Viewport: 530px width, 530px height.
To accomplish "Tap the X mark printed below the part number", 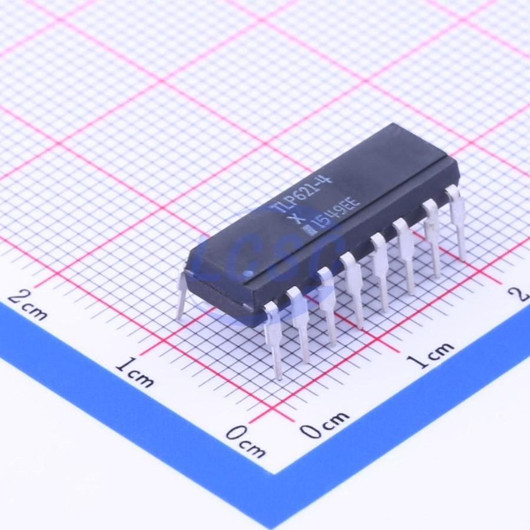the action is coord(292,220).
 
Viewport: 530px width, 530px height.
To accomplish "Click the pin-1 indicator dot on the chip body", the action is coord(249,273).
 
